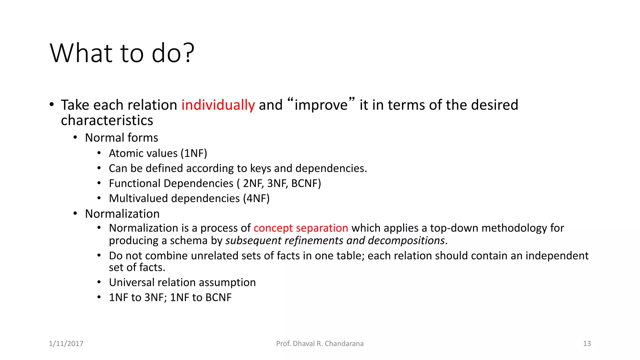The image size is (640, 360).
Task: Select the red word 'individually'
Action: pos(218,105)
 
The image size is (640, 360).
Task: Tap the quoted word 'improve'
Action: pos(321,105)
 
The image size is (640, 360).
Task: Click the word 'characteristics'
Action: pos(107,121)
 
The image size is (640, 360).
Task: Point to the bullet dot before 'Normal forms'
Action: pos(75,137)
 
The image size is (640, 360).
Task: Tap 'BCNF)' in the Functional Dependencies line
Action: pos(306,183)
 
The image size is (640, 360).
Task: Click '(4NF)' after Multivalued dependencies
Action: pos(256,198)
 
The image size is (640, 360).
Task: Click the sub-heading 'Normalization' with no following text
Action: pos(122,214)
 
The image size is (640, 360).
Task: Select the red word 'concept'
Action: pos(273,228)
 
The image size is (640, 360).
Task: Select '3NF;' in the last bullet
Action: pos(155,297)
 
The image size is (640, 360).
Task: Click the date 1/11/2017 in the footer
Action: pos(66,344)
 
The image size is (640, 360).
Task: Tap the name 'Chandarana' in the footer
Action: pos(344,344)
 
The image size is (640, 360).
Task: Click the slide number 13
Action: pos(587,344)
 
